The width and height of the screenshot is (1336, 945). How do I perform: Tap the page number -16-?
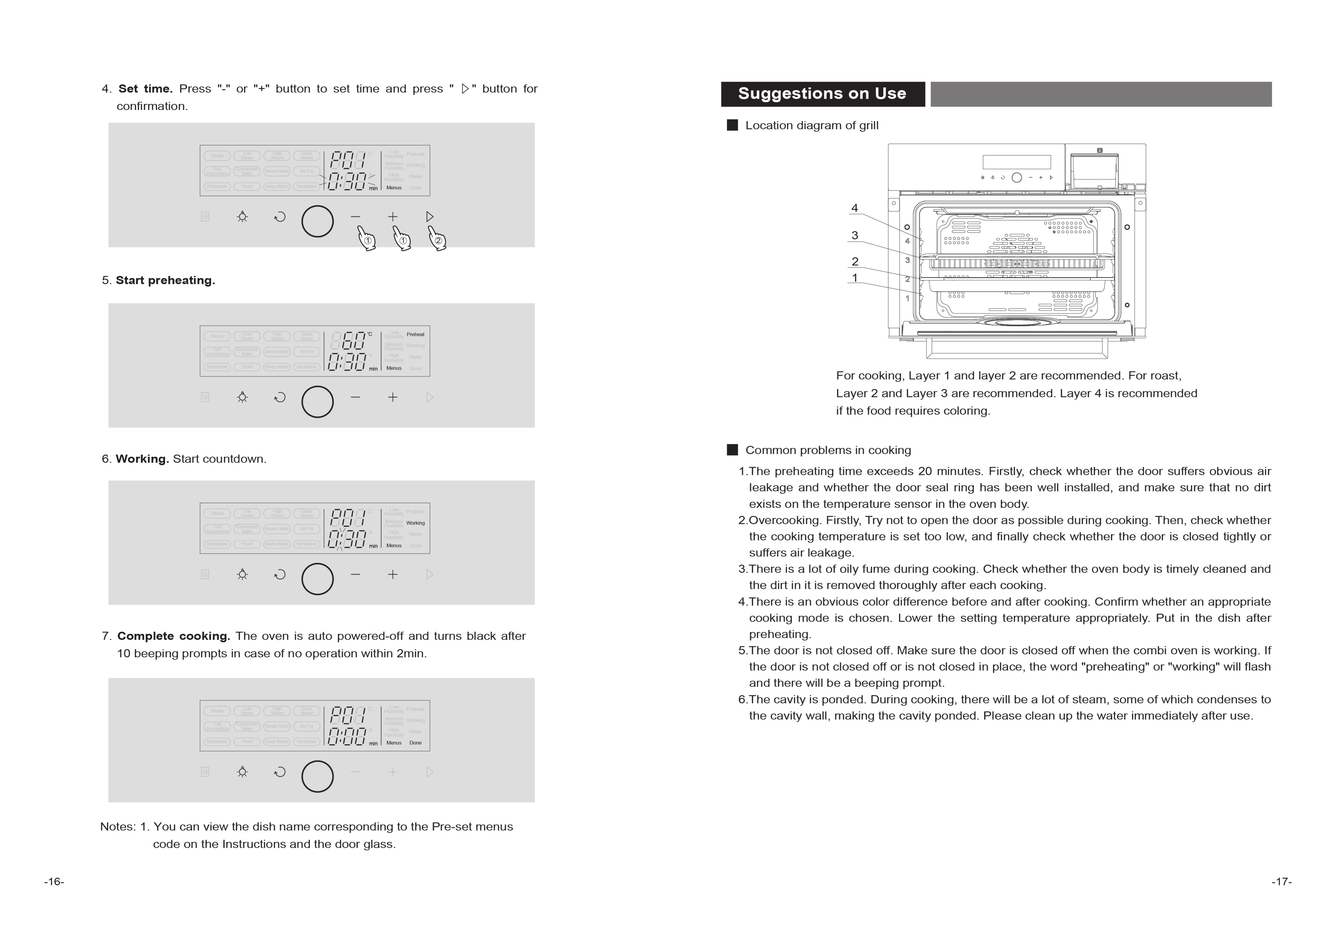point(54,882)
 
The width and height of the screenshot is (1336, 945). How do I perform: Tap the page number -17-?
point(1281,882)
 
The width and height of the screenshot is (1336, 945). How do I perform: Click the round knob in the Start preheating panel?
point(317,402)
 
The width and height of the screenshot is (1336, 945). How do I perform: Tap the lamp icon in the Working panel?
point(242,574)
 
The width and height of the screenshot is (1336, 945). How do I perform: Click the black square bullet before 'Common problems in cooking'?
point(732,450)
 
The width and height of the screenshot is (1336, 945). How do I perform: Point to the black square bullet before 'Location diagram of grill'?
point(732,125)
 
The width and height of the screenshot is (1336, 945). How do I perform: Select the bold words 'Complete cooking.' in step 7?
point(174,636)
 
